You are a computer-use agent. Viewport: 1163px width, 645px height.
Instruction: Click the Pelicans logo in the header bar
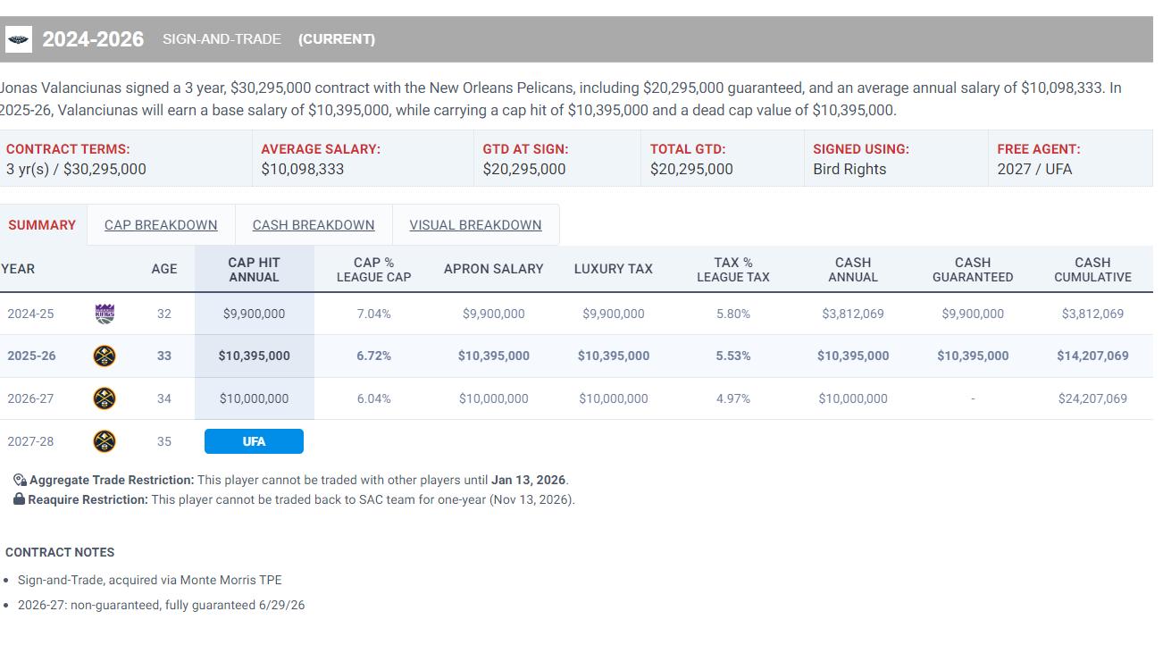18,39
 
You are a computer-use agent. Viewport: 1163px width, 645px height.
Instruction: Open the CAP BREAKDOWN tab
161,225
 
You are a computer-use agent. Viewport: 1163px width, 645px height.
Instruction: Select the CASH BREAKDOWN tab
314,225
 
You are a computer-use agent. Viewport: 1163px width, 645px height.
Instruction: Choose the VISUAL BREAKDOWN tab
475,225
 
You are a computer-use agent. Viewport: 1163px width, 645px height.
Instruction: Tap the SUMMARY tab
42,225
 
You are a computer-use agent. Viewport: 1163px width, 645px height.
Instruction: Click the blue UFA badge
254,441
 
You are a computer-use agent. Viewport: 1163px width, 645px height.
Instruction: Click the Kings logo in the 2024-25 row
105,314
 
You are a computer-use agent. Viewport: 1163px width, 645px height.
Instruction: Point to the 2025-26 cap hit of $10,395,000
254,356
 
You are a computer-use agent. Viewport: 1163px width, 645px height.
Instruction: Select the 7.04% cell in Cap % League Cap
373,314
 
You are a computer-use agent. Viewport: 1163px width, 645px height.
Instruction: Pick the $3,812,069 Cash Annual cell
852,314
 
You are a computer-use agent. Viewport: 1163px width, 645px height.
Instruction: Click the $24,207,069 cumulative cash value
1092,398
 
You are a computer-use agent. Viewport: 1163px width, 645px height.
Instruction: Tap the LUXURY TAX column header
613,269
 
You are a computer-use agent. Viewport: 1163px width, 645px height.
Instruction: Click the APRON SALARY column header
493,269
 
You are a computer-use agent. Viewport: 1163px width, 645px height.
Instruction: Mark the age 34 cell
164,398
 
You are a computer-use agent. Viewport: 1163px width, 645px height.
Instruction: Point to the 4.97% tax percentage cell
732,398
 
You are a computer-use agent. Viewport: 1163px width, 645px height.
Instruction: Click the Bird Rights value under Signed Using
849,169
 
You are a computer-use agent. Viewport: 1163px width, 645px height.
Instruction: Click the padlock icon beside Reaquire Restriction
19,499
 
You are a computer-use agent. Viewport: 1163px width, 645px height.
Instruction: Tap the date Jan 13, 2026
528,480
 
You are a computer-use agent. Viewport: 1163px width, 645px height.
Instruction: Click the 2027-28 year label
30,441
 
